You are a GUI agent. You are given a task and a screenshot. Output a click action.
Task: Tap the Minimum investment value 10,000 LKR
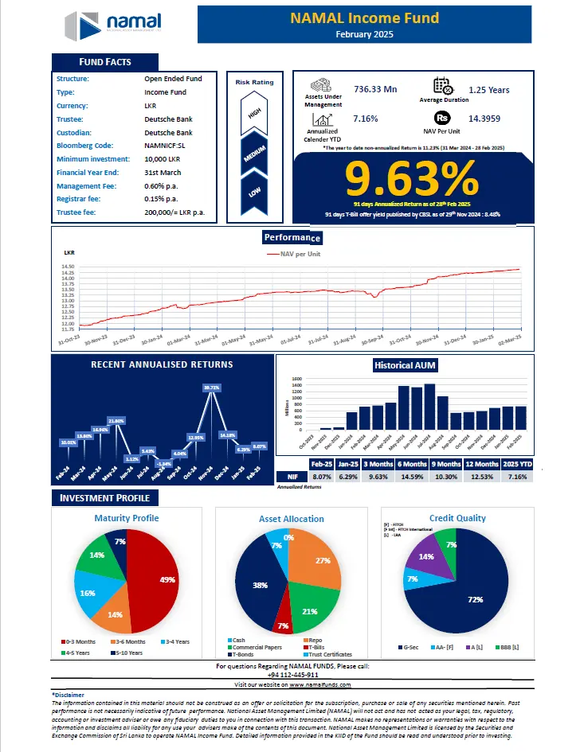point(162,159)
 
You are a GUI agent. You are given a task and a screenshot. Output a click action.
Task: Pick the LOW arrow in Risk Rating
point(255,192)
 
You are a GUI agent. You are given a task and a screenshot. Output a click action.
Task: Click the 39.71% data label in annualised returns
point(212,388)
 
